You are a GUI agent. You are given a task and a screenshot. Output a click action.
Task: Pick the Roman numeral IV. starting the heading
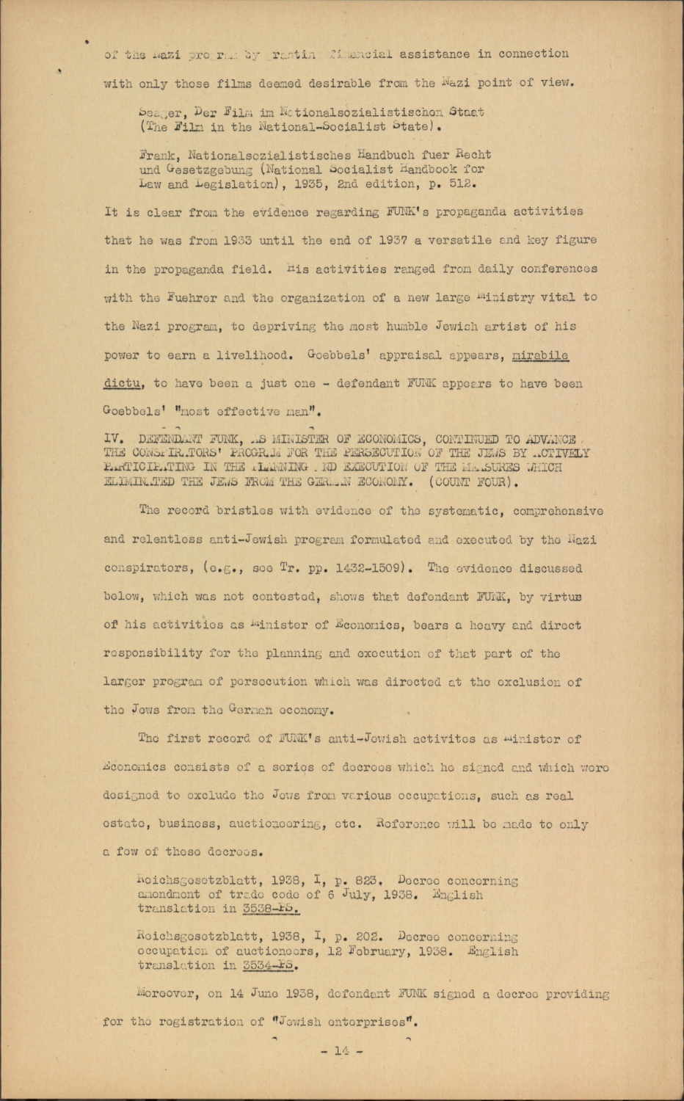click(x=114, y=440)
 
